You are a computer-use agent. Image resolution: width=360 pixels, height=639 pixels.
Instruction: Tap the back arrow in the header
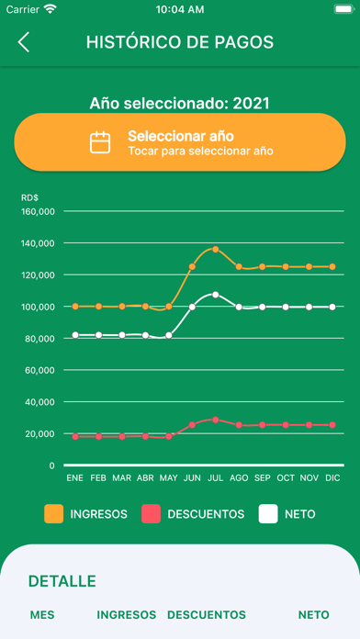[24, 42]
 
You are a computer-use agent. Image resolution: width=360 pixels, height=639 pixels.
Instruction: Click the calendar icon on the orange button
[100, 142]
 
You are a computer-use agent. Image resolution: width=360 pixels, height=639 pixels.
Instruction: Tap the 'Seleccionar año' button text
[181, 136]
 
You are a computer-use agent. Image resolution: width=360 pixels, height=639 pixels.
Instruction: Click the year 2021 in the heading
[251, 104]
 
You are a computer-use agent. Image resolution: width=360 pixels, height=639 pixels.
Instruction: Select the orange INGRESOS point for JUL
[216, 249]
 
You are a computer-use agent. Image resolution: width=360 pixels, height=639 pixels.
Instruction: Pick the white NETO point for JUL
[216, 295]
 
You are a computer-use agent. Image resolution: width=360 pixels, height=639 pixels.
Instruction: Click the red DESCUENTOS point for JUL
[216, 420]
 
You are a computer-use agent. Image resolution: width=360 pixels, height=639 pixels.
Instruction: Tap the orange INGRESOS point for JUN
[192, 266]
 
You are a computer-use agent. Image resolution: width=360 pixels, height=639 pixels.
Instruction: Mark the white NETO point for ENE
[75, 335]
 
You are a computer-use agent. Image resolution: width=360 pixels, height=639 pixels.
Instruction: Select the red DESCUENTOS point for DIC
[332, 425]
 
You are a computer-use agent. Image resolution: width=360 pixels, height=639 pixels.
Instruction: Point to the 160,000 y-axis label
[38, 211]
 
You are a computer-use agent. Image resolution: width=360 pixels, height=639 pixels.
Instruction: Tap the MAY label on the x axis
[169, 478]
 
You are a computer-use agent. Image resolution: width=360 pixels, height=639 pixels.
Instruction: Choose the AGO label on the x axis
[239, 478]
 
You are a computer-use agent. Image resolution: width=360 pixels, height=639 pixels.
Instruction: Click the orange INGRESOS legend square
[54, 514]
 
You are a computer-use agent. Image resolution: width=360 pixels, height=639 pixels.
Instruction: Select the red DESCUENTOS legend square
[151, 514]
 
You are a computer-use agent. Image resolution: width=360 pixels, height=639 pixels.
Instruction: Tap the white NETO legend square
[268, 514]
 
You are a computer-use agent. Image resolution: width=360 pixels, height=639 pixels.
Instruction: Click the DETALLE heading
[62, 581]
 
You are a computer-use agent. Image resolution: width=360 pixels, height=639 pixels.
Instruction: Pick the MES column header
[42, 615]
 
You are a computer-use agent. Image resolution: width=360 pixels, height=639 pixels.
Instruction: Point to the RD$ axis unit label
[29, 198]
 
